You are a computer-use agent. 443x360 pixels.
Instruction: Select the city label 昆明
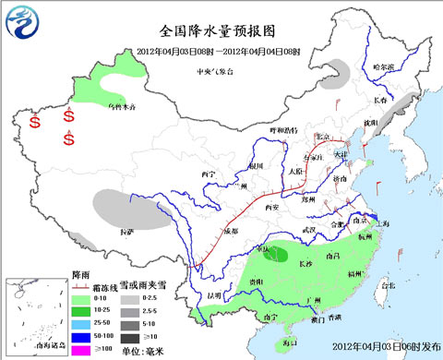coord(215,295)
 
